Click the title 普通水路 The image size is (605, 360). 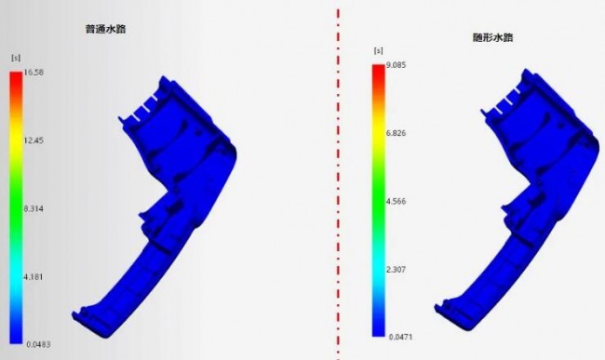(x=105, y=29)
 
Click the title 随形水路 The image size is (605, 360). (x=492, y=37)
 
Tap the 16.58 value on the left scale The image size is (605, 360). (x=34, y=73)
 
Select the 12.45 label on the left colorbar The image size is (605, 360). (x=34, y=140)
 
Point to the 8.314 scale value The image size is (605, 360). (x=34, y=209)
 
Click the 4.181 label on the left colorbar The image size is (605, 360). (x=34, y=277)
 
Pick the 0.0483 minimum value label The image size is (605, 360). (x=38, y=344)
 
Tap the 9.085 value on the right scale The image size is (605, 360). (x=396, y=65)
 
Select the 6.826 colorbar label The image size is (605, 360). (x=396, y=133)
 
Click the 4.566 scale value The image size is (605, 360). (x=396, y=201)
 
